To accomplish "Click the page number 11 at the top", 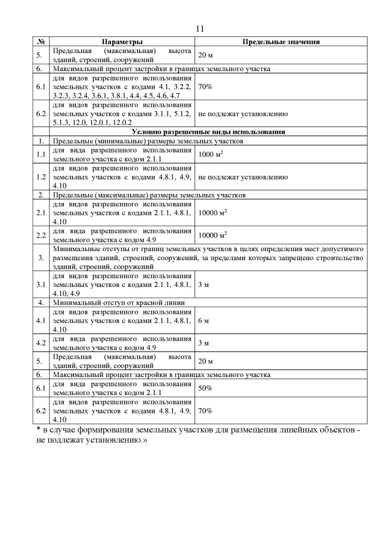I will [x=200, y=29].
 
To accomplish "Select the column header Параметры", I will [x=122, y=42].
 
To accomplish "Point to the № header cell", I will [x=41, y=42].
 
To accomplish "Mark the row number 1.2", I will [x=41, y=177].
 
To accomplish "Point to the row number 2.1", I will [x=41, y=212].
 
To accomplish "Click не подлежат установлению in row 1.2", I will [x=243, y=177].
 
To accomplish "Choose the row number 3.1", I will [x=41, y=285].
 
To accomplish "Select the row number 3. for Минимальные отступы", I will [x=41, y=258].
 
